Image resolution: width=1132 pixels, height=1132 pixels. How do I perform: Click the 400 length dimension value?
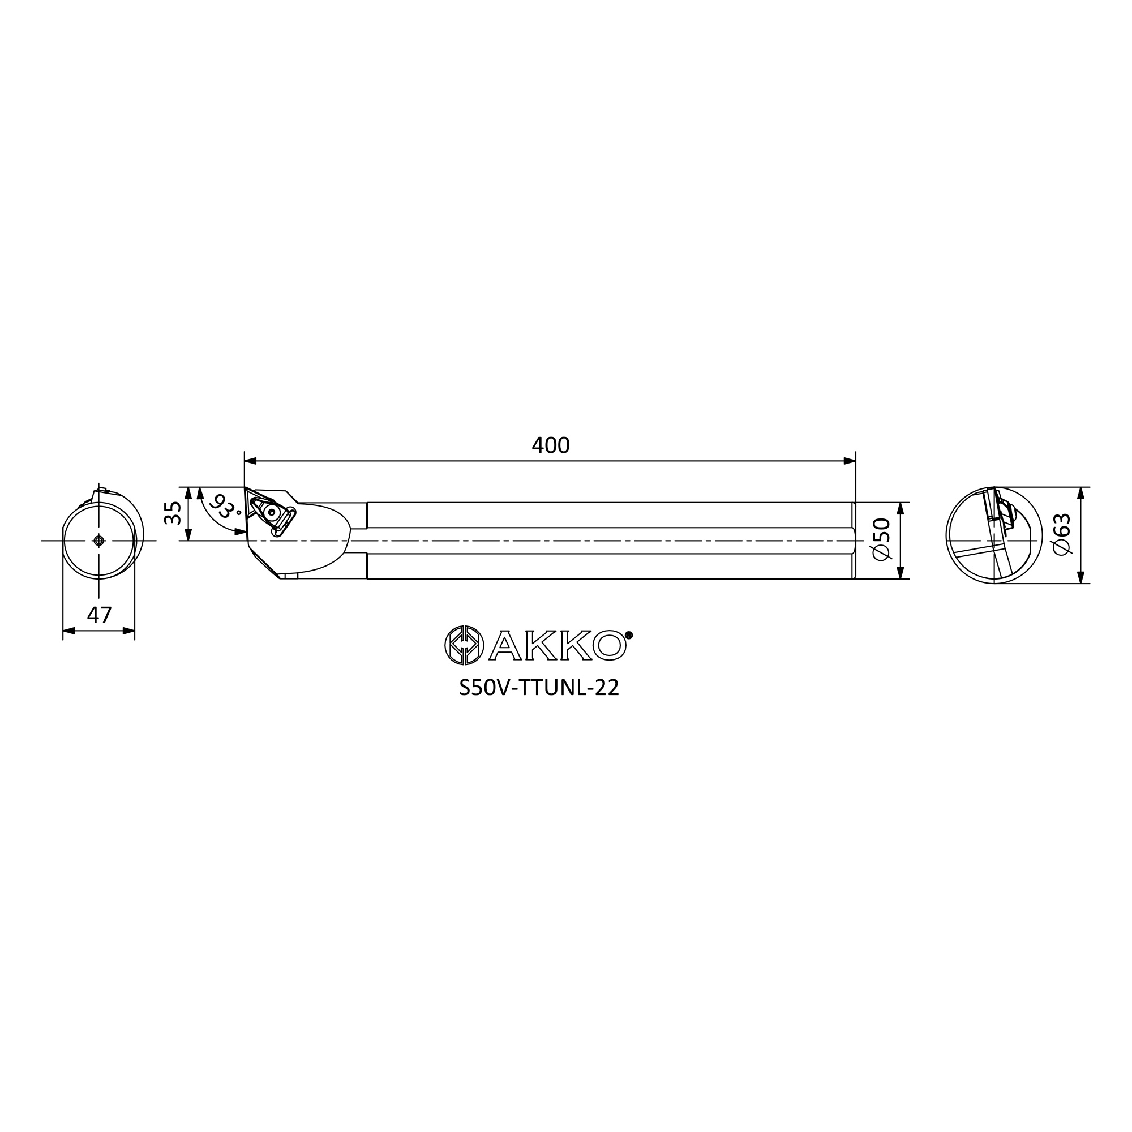[x=550, y=446]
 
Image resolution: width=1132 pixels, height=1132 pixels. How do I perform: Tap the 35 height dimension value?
[x=173, y=513]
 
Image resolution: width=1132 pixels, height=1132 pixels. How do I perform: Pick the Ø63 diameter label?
[x=1062, y=534]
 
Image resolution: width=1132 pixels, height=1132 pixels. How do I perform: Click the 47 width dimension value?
[x=99, y=615]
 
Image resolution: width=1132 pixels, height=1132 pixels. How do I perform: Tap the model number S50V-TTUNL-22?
[x=539, y=688]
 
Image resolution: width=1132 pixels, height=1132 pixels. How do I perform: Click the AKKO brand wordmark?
[x=559, y=645]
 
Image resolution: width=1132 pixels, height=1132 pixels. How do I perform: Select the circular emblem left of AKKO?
[x=465, y=645]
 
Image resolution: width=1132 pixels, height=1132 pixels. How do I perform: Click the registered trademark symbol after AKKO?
[x=629, y=634]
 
